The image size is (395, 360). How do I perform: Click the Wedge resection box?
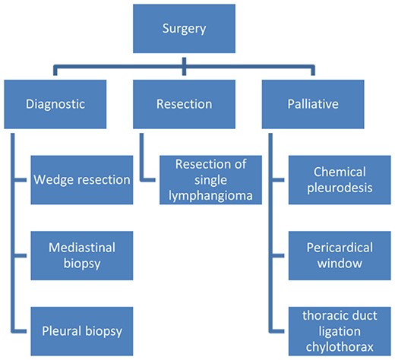click(83, 180)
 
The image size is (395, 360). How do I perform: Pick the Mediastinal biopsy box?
click(83, 255)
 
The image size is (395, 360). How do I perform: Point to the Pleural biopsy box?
click(83, 331)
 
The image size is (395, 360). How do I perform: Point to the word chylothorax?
click(340, 347)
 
